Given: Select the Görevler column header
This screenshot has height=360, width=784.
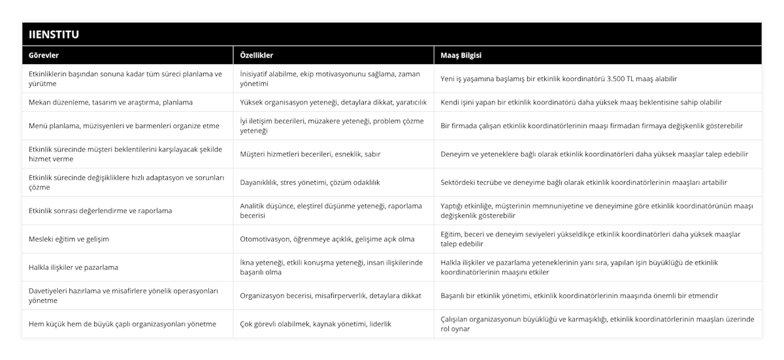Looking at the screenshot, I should click(x=44, y=56).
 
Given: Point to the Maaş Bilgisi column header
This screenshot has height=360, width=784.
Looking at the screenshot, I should click(x=461, y=56).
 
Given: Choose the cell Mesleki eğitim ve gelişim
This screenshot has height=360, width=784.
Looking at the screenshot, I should click(x=69, y=239).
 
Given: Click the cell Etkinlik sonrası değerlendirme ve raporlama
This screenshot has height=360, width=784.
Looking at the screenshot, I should click(x=100, y=211).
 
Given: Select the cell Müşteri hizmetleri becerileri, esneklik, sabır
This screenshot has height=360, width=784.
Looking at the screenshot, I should click(x=310, y=154).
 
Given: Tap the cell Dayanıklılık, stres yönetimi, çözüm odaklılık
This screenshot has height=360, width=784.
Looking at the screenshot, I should click(x=310, y=183).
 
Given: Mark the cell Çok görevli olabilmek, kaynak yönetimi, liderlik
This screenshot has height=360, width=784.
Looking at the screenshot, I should click(x=316, y=324).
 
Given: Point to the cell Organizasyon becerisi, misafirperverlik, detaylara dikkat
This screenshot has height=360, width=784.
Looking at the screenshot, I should click(x=331, y=295).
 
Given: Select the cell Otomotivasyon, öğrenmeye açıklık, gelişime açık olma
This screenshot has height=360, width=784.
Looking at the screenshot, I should click(x=327, y=239).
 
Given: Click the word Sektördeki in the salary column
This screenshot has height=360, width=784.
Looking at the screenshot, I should click(x=460, y=183).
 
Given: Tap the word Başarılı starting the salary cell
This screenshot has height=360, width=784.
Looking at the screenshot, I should click(x=457, y=295).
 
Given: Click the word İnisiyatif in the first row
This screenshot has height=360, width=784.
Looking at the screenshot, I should click(x=258, y=74).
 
